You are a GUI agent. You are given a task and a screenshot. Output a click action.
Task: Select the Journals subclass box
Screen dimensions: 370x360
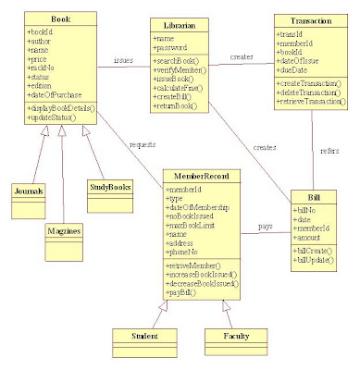tap(29, 191)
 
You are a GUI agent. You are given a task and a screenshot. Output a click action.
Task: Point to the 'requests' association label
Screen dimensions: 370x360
tap(142, 146)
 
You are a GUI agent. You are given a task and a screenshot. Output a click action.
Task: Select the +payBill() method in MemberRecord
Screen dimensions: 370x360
tap(183, 293)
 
